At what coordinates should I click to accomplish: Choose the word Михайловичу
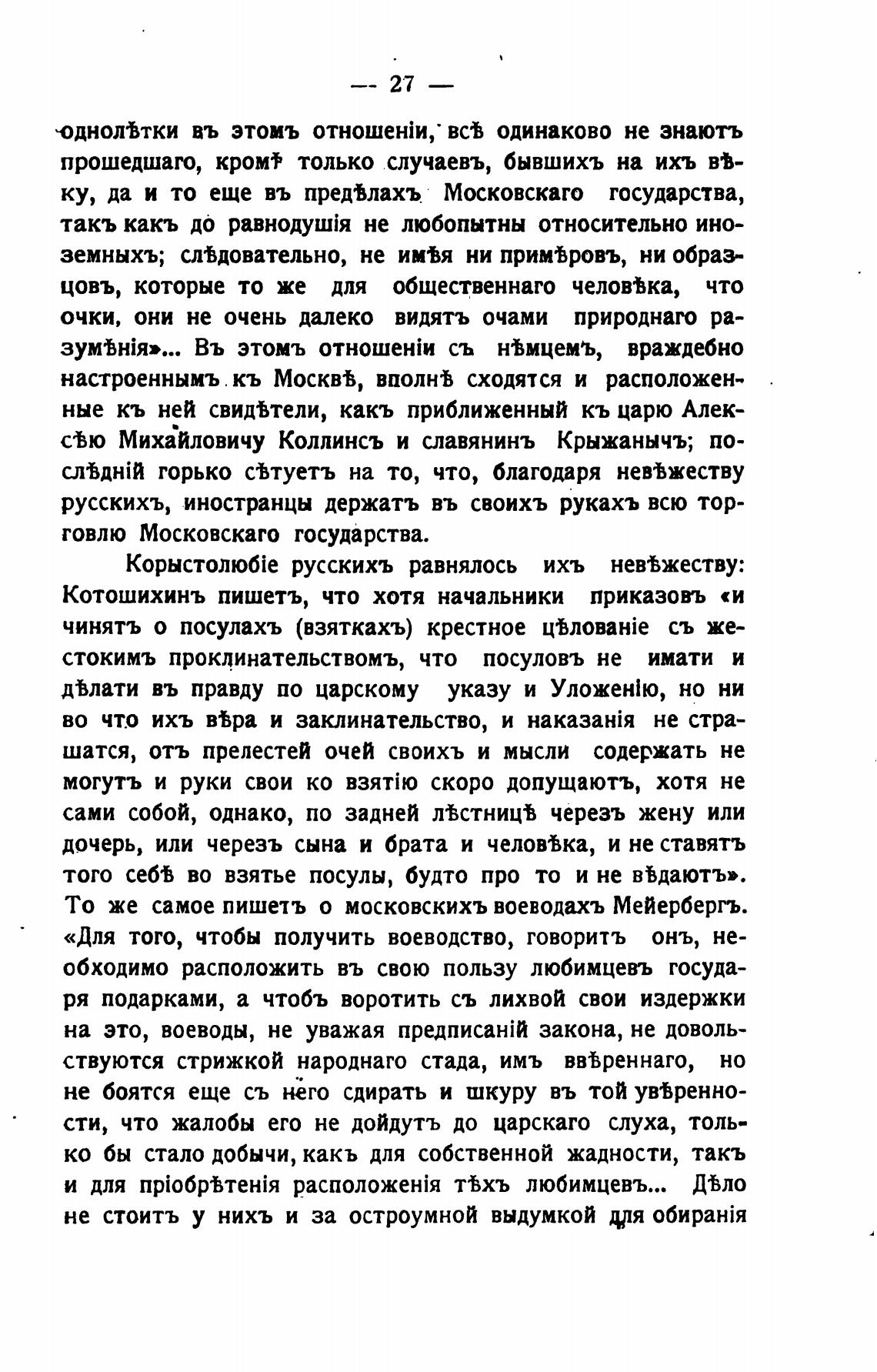tap(192, 442)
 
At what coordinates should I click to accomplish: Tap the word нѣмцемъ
tap(545, 348)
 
